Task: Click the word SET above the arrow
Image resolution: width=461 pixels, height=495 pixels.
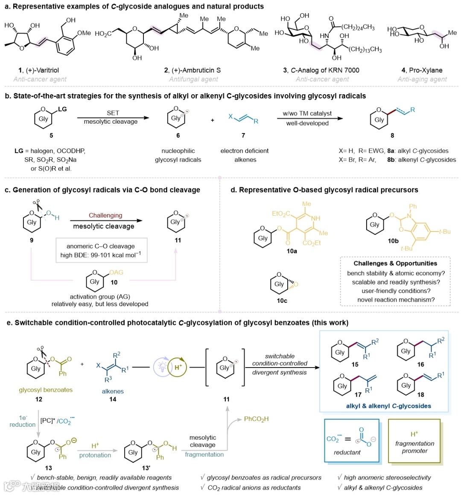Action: pos(113,113)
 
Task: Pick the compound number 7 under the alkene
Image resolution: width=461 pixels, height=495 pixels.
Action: pos(243,135)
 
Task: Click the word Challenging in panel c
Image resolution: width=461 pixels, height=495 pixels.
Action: pos(105,215)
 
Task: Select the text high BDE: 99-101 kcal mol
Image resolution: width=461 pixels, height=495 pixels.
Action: pos(101,255)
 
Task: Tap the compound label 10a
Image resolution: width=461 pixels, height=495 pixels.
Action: pos(292,251)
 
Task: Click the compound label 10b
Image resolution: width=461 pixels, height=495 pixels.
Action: pos(393,241)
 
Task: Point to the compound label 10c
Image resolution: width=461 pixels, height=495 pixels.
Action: pos(282,301)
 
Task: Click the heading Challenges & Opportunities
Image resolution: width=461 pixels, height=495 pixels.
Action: pos(395,263)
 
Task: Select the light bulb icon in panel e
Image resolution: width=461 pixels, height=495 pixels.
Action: pos(162,367)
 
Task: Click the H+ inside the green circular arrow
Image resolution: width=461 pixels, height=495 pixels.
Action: pos(178,367)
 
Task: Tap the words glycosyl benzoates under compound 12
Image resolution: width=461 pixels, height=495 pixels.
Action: pos(46,390)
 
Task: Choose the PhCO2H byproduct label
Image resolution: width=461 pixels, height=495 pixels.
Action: pos(256,419)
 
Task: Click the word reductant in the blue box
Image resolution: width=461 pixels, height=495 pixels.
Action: pos(347,452)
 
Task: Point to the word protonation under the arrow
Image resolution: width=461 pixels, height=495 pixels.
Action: pos(95,455)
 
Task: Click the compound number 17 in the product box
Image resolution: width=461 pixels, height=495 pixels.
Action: pos(358,394)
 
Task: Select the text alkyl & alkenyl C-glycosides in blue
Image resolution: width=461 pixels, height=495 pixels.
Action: pos(388,406)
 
